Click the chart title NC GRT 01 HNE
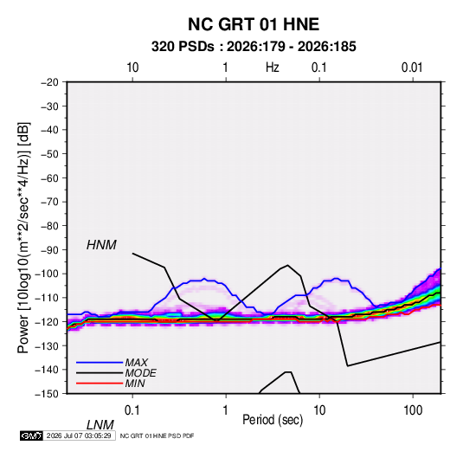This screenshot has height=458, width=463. [254, 24]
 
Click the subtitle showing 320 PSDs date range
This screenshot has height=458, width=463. [254, 47]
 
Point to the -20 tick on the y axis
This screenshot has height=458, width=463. [49, 82]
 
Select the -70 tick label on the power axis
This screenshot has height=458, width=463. [49, 202]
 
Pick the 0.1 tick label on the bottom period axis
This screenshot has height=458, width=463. [132, 410]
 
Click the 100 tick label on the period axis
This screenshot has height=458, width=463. [413, 410]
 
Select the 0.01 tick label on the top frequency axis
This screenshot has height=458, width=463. [412, 68]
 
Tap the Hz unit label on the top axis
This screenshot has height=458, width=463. [273, 68]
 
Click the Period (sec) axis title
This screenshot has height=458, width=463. [273, 420]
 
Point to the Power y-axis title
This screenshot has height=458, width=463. [23, 237]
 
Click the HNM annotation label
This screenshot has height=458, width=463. [101, 245]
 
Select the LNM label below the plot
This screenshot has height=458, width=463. [100, 425]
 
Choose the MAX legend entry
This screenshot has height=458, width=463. [136, 362]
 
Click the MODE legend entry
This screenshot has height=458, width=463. [140, 373]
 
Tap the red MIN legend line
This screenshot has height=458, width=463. [100, 384]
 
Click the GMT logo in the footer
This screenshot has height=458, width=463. [31, 435]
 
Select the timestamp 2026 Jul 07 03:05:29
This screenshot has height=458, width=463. [79, 435]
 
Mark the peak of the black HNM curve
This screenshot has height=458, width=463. [287, 265]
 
